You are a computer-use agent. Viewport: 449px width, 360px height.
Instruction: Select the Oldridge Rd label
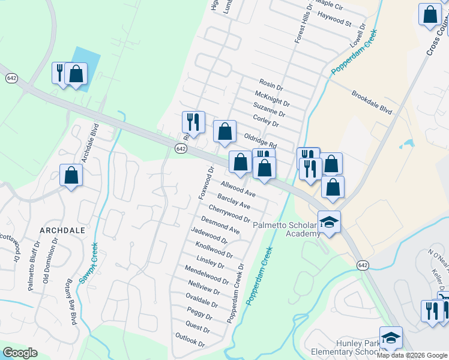260,141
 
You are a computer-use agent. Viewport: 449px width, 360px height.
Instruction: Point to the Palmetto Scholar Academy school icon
328,222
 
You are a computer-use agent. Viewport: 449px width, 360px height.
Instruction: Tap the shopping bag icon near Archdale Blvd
71,176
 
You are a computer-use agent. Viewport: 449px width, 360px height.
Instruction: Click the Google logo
20,353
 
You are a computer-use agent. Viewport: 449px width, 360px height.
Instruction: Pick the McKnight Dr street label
272,99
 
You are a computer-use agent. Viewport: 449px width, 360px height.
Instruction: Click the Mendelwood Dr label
207,274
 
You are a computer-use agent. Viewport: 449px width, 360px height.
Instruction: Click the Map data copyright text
412,355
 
